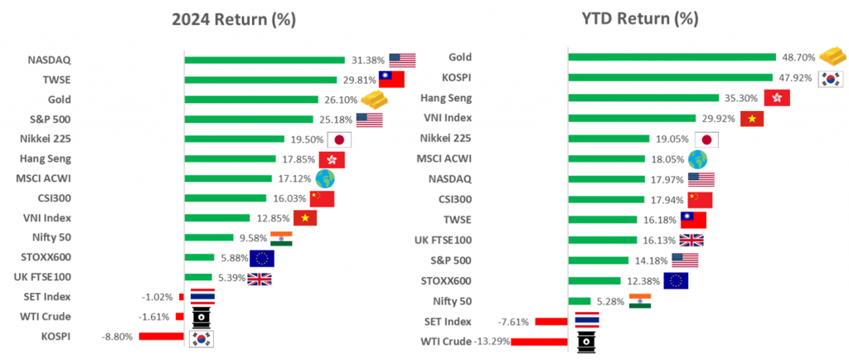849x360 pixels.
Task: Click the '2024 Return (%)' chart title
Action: [x=234, y=18]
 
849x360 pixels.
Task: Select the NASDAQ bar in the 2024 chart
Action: [x=264, y=60]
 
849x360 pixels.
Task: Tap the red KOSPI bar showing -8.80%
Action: [x=161, y=336]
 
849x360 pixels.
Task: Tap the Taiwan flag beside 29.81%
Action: [x=391, y=80]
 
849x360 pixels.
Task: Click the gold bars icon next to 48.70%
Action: [x=832, y=56]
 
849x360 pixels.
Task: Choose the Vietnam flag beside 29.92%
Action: [x=752, y=119]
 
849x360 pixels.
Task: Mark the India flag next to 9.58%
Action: [x=281, y=238]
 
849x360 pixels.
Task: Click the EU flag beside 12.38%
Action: [x=676, y=280]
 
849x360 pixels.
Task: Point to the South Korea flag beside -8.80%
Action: [x=202, y=337]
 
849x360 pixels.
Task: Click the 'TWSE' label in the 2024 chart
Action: [x=56, y=80]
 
